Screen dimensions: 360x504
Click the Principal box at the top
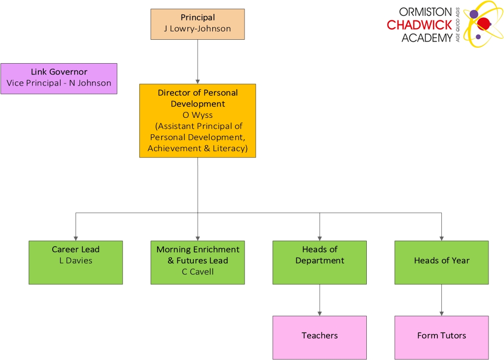[x=197, y=24]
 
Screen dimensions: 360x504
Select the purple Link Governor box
[x=59, y=78]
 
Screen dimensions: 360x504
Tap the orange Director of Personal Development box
[x=197, y=120]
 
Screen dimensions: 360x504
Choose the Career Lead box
[x=76, y=262]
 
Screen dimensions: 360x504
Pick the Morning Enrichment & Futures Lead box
[x=197, y=262]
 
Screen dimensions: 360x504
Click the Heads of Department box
[x=319, y=262]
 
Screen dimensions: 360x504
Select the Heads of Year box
[x=441, y=262]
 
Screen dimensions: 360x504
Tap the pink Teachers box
[x=319, y=337]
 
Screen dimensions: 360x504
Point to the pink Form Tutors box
[x=441, y=337]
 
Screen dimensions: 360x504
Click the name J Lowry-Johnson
[x=197, y=29]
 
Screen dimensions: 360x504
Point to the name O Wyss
[x=197, y=115]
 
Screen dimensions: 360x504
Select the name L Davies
[x=76, y=261]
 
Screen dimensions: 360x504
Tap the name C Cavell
[x=197, y=271]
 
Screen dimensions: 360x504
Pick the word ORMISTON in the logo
[x=425, y=12]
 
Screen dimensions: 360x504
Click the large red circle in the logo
[x=484, y=23]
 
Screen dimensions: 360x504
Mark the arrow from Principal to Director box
[x=197, y=62]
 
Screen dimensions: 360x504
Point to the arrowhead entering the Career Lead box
[x=76, y=238]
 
